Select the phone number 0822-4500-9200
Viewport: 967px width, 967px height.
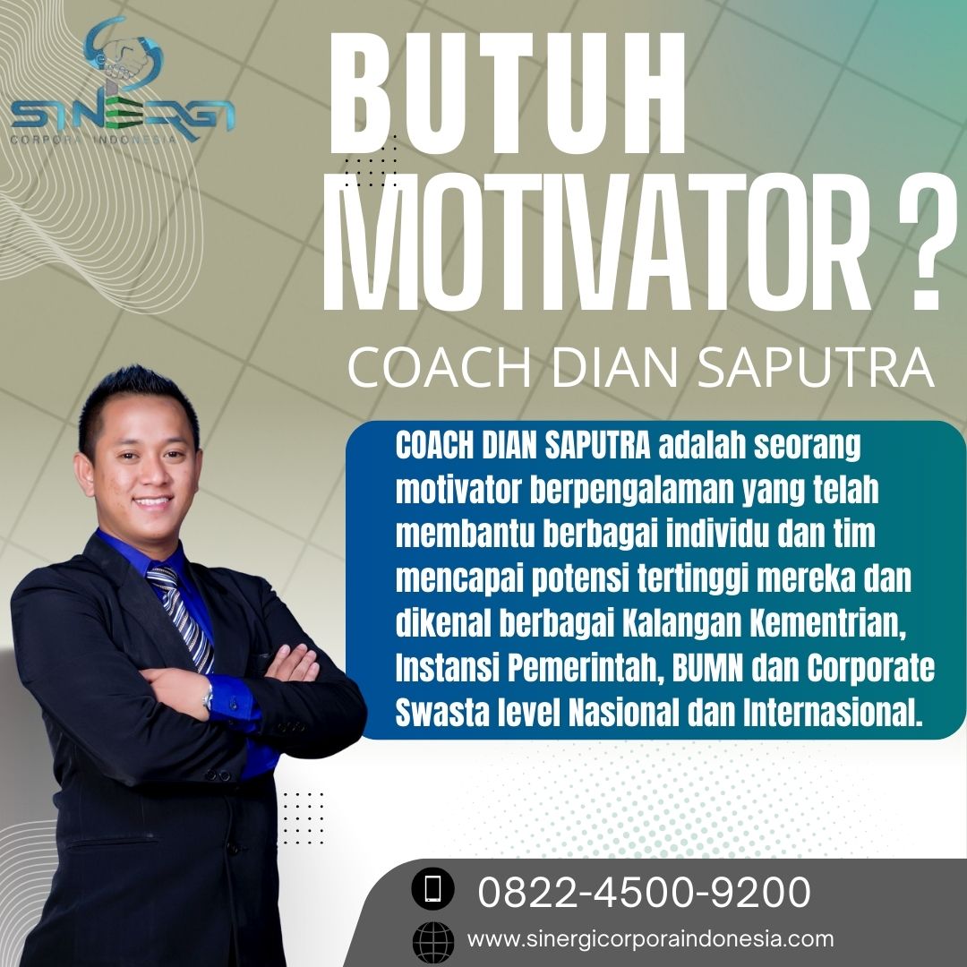pos(644,891)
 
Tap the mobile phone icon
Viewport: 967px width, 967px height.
pos(433,889)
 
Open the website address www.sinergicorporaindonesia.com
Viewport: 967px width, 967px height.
pos(650,938)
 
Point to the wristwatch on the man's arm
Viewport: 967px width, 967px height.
pos(208,698)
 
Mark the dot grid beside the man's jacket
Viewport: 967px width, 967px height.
pos(303,817)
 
